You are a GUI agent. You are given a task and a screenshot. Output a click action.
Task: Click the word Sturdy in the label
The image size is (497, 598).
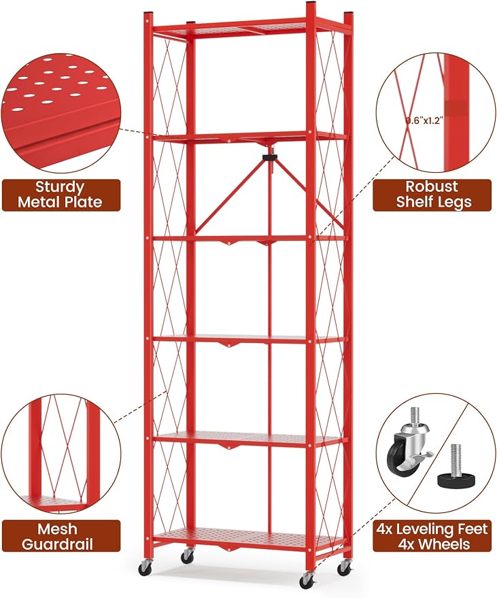point(60,187)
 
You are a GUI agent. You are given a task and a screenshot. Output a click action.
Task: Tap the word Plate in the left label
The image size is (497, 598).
point(86,202)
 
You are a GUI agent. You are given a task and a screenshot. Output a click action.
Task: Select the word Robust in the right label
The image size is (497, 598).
point(432,186)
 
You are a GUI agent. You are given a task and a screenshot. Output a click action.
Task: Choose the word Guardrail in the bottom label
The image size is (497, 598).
point(57,544)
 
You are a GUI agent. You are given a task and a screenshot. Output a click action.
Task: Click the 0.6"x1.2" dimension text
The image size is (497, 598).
point(424,121)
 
